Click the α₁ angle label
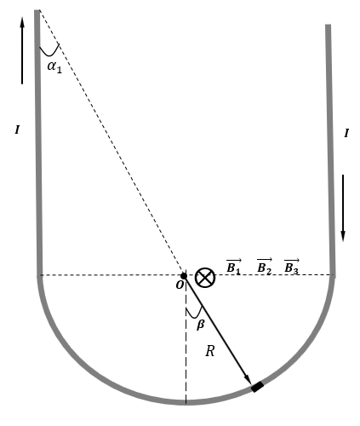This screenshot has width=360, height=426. pos(54,67)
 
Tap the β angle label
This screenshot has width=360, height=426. pos(201,324)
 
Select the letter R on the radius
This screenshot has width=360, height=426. pos(210,351)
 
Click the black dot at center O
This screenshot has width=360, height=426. pos(184,276)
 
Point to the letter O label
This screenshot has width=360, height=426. pos(180,285)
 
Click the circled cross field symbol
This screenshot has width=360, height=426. pos(205,278)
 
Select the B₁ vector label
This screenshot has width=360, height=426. pos(233,267)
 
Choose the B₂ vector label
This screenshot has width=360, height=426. pos(265,267)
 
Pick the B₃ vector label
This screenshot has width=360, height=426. pos(292,267)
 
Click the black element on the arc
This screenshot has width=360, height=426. pos(258,387)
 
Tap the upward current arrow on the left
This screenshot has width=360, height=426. pos(22,50)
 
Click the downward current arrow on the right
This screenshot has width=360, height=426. pos(343,208)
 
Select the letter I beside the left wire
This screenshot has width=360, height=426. pos(17,130)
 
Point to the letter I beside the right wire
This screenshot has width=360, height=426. pos(346,133)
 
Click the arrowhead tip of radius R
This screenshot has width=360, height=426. pos(251,384)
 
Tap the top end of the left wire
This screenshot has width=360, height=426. pos(37,10)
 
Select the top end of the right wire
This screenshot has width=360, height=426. pos(328,25)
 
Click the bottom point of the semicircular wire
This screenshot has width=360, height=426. pos(186,402)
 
